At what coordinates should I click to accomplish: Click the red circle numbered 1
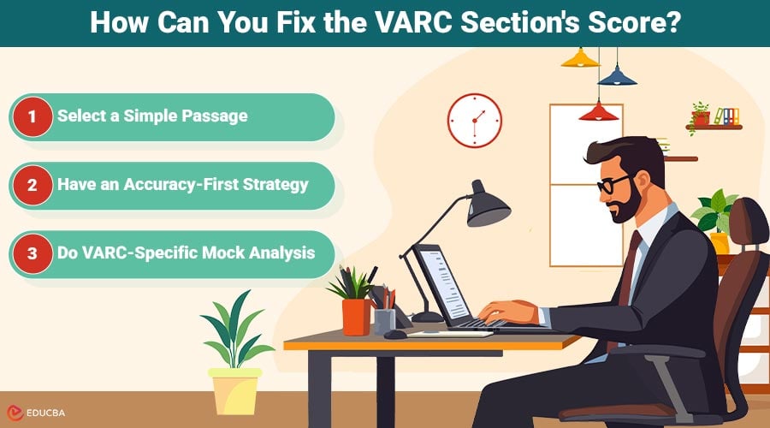coord(33,116)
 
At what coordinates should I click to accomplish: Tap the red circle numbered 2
coord(33,185)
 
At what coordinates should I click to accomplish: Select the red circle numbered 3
coord(33,253)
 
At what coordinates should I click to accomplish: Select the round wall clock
coord(474,120)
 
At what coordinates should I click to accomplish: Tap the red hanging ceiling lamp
coord(599,111)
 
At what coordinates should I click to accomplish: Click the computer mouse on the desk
coord(395,334)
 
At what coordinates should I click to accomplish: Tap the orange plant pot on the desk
coord(356,316)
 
